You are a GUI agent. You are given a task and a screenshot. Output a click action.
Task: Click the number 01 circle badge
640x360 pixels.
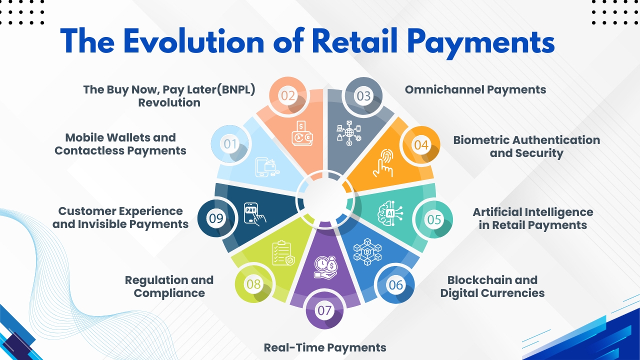tap(230, 143)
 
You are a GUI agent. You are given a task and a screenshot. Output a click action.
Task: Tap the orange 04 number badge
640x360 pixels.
tap(421, 145)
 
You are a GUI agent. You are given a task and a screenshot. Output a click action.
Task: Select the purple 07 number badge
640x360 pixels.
tap(324, 310)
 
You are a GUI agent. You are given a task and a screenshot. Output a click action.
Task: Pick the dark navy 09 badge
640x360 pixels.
tap(216, 218)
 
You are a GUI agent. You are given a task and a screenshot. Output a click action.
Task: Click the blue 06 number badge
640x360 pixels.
tap(395, 284)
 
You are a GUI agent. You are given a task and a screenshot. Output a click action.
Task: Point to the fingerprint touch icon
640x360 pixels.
tap(383, 163)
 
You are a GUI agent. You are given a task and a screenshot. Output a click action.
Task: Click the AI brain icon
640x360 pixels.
tap(390, 213)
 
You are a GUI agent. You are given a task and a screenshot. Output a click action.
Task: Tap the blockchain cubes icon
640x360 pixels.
tap(367, 251)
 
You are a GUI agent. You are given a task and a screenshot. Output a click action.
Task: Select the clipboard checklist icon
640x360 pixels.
tap(283, 253)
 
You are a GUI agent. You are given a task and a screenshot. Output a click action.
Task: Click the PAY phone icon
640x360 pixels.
tap(255, 214)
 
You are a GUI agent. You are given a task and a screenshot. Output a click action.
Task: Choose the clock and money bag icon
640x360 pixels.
tap(325, 267)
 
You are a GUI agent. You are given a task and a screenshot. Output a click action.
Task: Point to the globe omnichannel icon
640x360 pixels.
tap(349, 133)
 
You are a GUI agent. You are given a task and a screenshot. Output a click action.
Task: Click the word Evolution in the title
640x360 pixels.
tap(194, 41)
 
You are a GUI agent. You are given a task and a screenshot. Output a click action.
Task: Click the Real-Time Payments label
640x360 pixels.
tap(325, 347)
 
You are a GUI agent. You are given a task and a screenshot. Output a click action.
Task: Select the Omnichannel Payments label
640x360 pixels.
tap(475, 89)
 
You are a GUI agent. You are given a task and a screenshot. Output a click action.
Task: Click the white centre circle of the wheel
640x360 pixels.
tap(325, 199)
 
